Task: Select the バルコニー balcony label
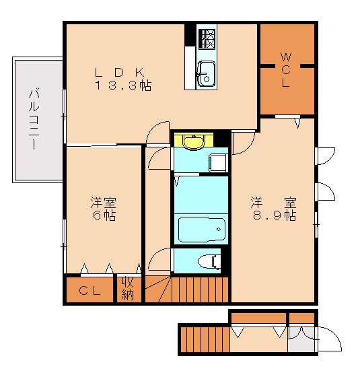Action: [32, 119]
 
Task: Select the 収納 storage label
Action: [128, 288]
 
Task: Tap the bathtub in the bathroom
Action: [201, 230]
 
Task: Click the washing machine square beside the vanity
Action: [217, 163]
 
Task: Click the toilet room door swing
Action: [159, 259]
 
